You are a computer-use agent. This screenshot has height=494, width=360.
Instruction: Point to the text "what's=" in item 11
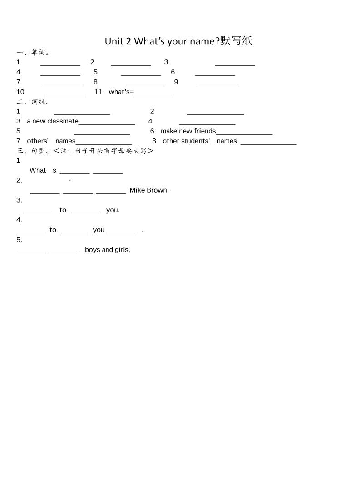pyautogui.click(x=121, y=92)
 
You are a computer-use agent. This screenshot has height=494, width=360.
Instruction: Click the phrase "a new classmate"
pyautogui.click(x=53, y=121)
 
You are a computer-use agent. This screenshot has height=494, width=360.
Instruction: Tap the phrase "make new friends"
pyautogui.click(x=188, y=131)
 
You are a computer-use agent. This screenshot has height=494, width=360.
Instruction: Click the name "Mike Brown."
pyautogui.click(x=149, y=190)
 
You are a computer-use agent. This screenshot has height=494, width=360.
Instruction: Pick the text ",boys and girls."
pyautogui.click(x=107, y=250)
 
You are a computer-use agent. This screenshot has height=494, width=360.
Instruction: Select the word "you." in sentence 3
pyautogui.click(x=113, y=210)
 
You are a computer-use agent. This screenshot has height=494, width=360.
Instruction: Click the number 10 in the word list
pyautogui.click(x=20, y=92)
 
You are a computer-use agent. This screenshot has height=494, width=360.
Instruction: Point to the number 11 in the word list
pyautogui.click(x=98, y=92)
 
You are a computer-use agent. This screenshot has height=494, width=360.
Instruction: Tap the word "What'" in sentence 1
pyautogui.click(x=39, y=170)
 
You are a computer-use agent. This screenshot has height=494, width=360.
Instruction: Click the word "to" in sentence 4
pyautogui.click(x=53, y=230)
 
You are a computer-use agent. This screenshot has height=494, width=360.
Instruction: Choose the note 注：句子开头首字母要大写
pyautogui.click(x=104, y=151)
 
